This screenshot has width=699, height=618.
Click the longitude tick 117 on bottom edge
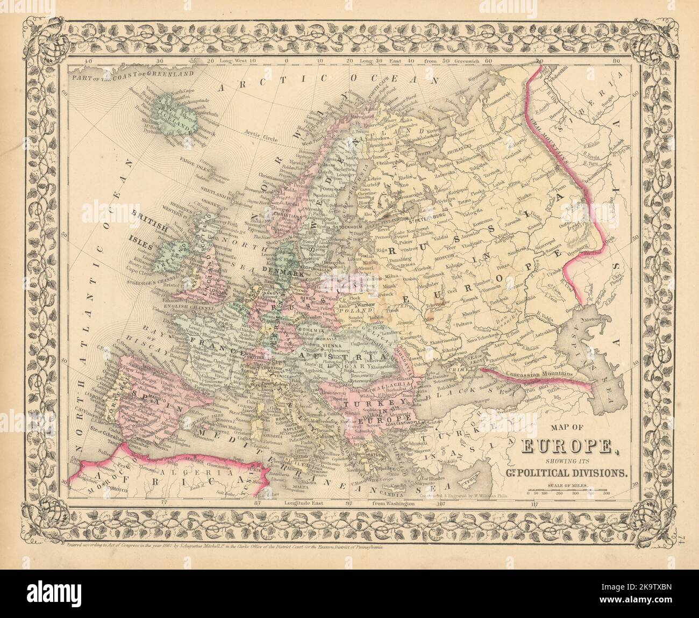(x=534, y=505)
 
